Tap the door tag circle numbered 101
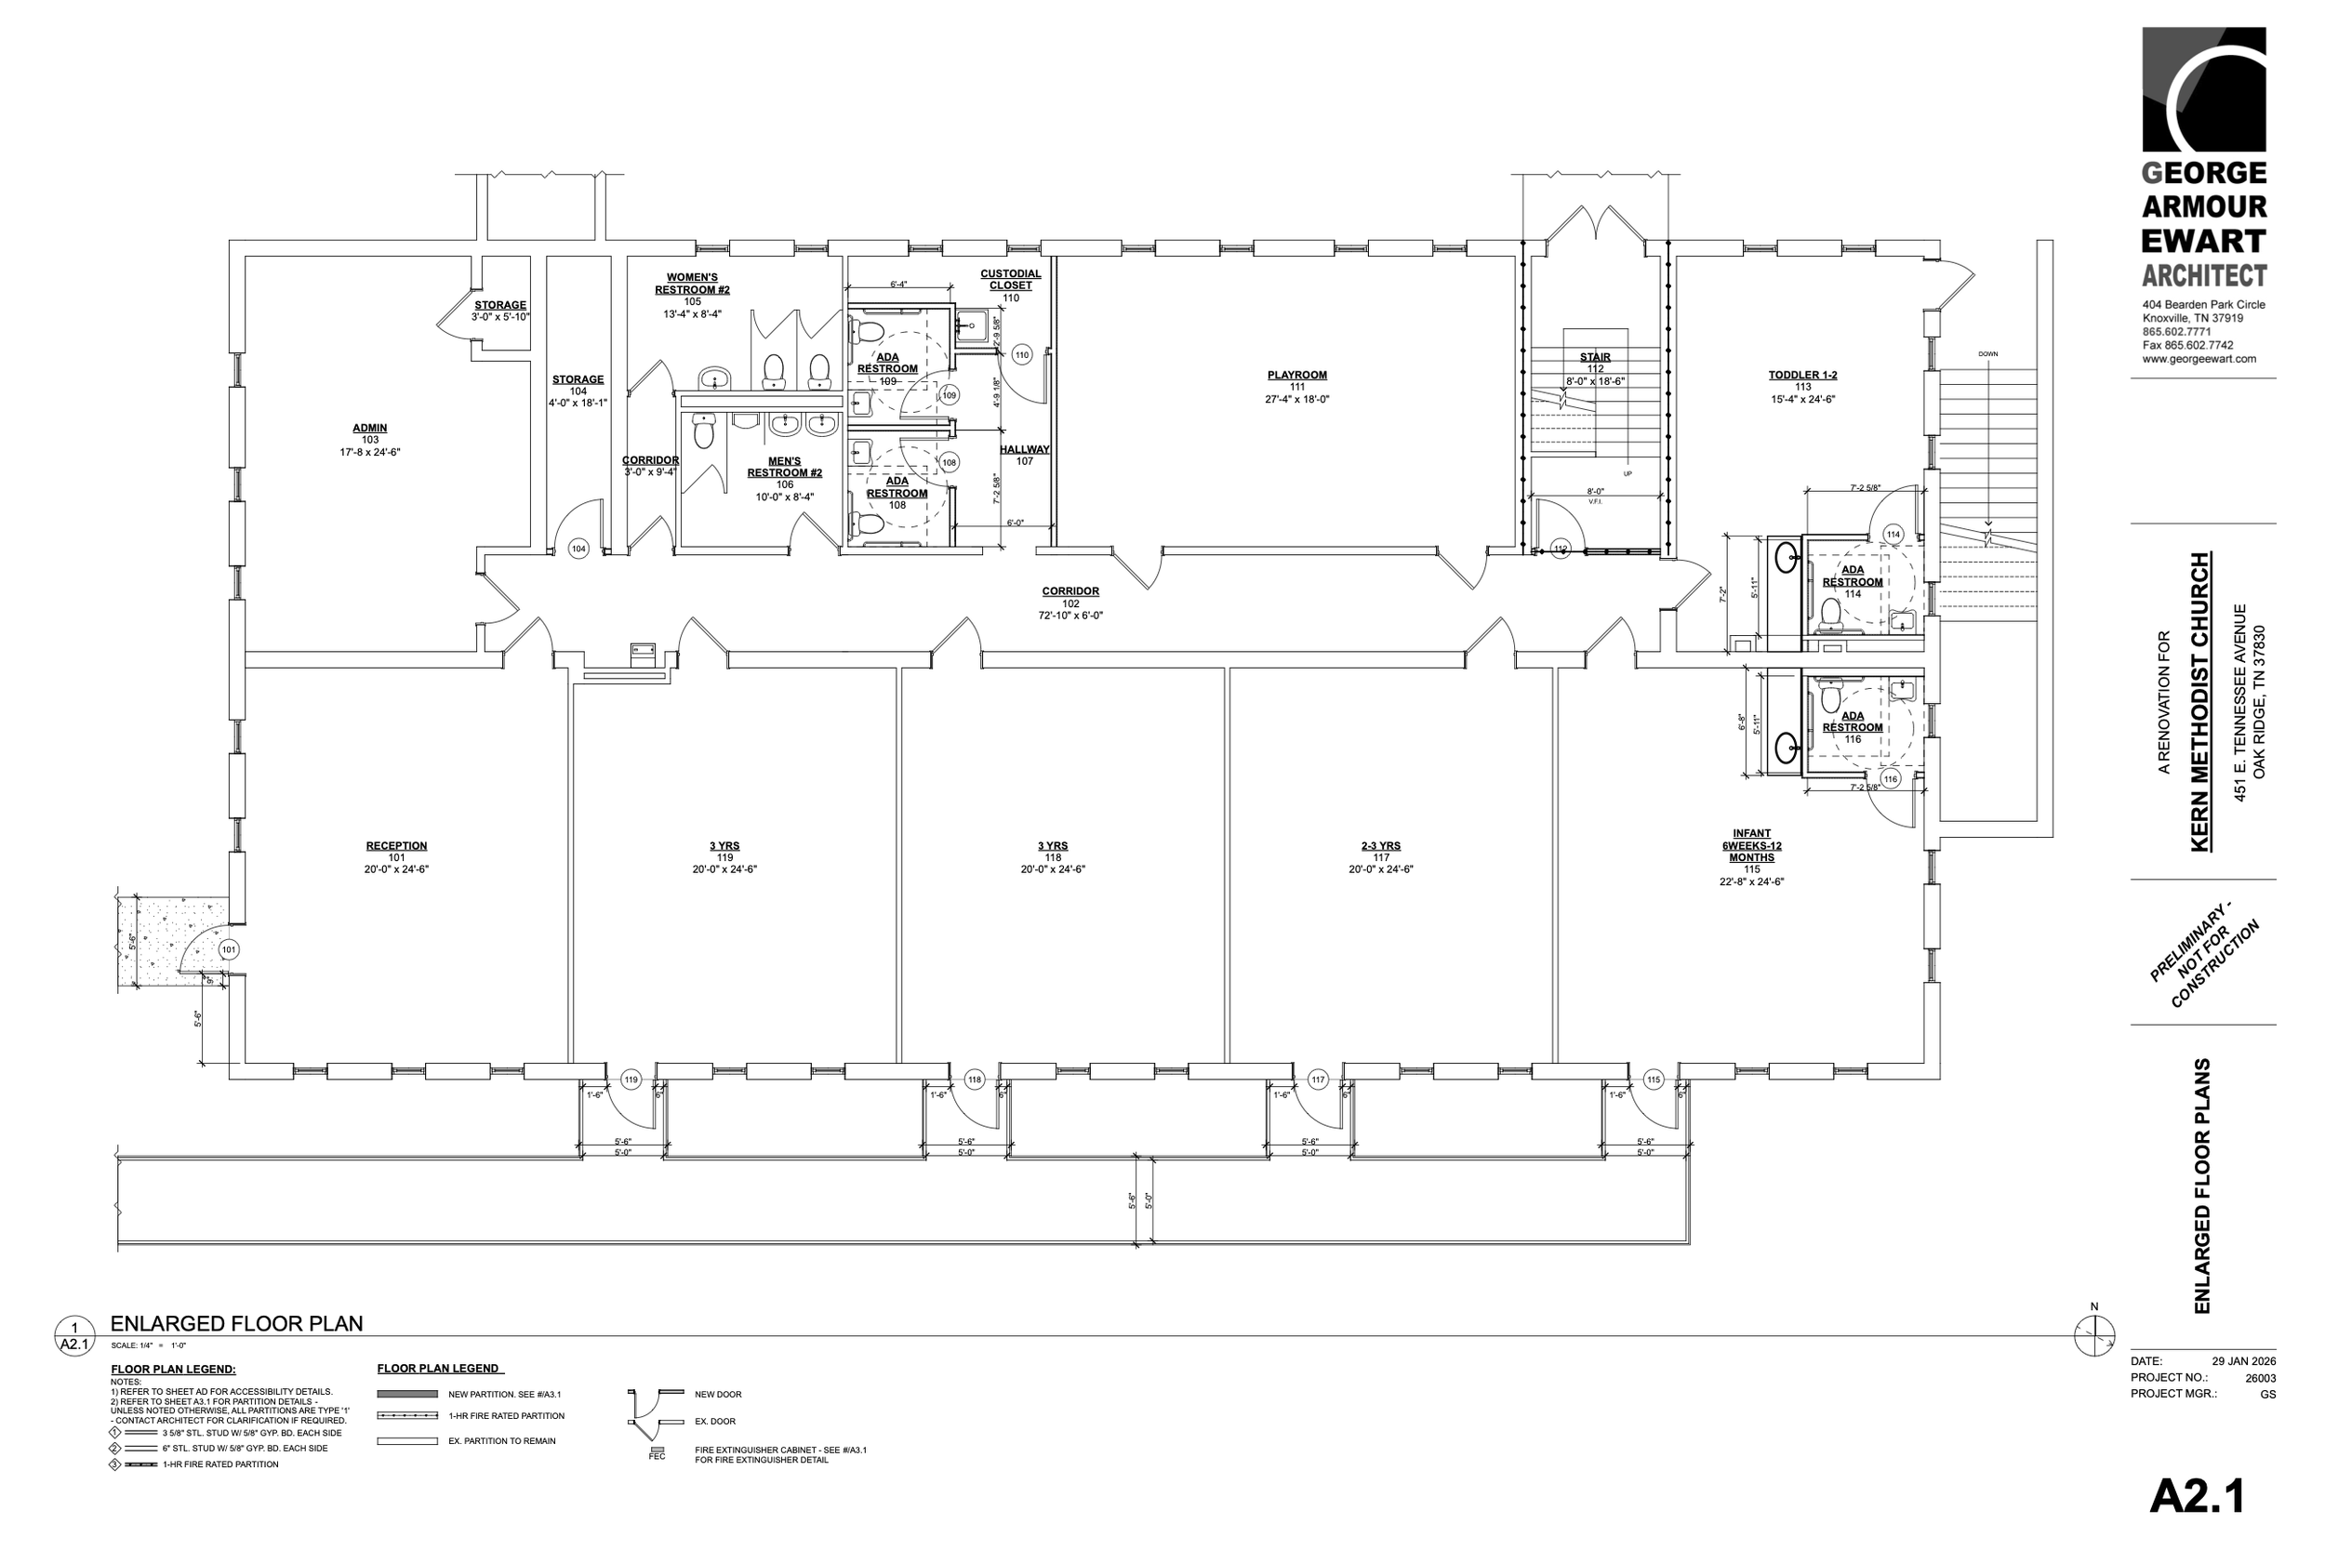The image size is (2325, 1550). point(229,949)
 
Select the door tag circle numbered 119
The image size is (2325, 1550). point(631,1080)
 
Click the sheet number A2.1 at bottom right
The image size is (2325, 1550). point(2197,1496)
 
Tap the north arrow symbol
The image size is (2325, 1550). point(2093,1335)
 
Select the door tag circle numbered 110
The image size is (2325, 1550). point(1022,355)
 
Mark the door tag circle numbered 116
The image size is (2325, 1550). point(1891,779)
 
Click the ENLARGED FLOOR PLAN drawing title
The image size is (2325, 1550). point(236,1324)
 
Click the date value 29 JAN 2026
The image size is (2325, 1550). point(2244,1361)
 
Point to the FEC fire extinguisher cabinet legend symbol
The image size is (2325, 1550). point(657,1451)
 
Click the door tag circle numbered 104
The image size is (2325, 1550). point(578,549)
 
